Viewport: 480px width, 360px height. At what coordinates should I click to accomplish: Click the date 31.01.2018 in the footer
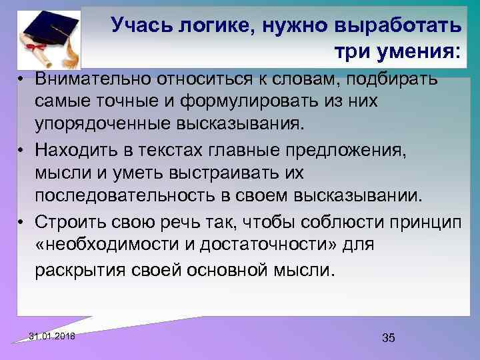pyautogui.click(x=53, y=335)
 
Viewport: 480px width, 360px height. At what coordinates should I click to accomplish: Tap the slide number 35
pyautogui.click(x=389, y=338)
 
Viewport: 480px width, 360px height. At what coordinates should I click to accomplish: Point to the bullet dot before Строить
pyautogui.click(x=22, y=221)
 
